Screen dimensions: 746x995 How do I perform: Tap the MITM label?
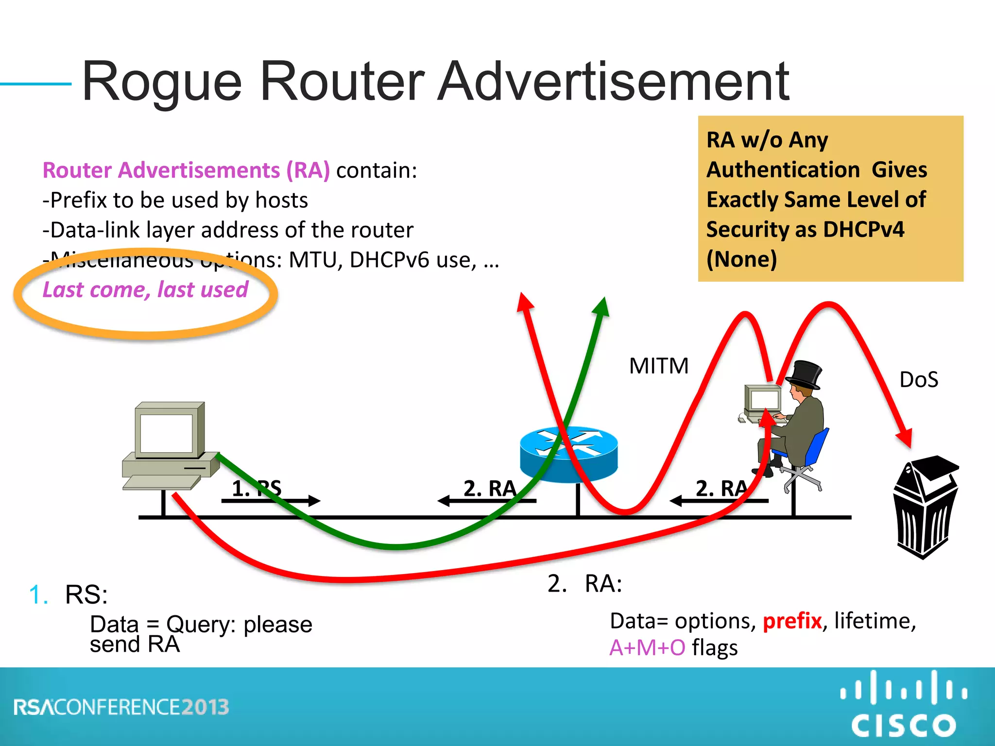[659, 366]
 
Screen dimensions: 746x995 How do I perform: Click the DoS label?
[919, 379]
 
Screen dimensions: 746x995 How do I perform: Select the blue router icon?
[568, 454]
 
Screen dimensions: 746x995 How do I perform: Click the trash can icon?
[926, 508]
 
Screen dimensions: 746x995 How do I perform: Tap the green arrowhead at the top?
[602, 307]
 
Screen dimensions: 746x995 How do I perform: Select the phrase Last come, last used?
[145, 290]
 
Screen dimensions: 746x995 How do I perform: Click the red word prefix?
[792, 621]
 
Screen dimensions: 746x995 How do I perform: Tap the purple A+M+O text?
[647, 648]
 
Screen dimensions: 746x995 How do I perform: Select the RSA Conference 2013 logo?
[121, 707]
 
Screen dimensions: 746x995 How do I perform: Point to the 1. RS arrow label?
[257, 489]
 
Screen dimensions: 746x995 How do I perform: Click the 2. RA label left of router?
[489, 489]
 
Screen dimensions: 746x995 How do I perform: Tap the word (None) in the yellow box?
[741, 259]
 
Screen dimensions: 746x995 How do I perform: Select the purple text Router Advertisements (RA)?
[186, 170]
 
